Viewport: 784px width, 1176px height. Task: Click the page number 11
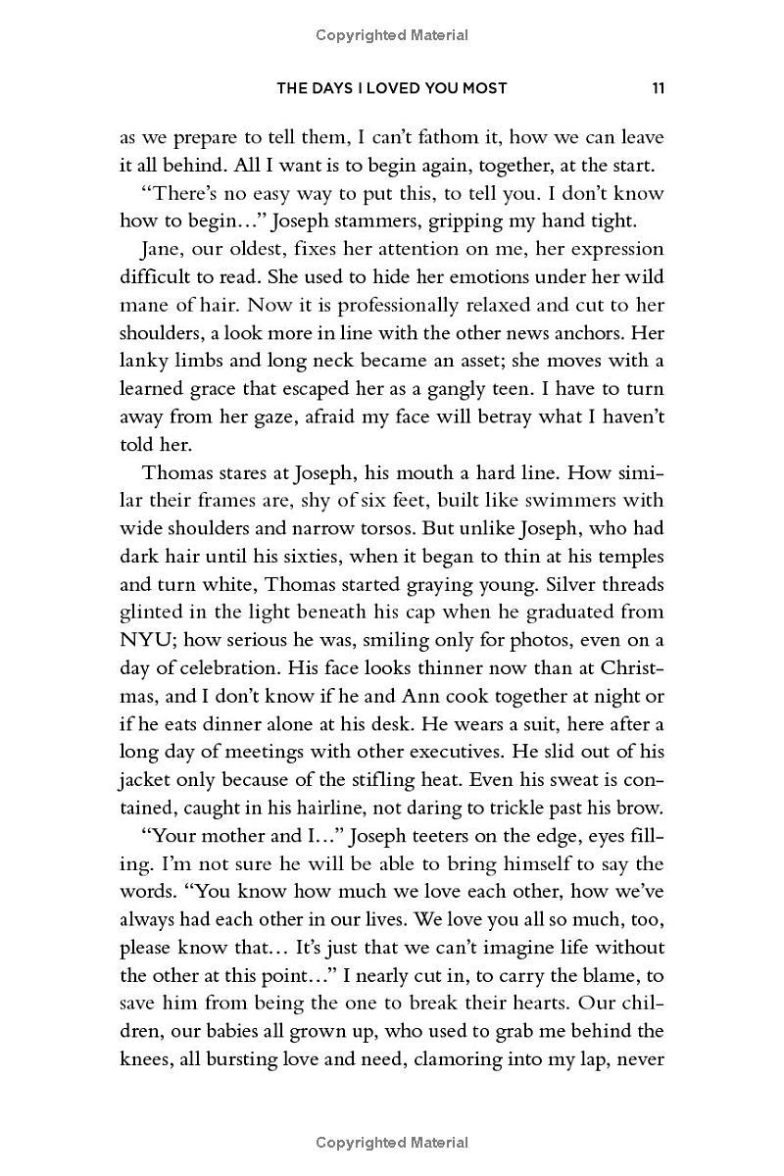[658, 88]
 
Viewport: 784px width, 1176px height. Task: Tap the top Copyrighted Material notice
[392, 36]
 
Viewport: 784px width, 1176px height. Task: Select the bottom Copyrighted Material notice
[392, 1143]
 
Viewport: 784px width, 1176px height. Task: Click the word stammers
[393, 220]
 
